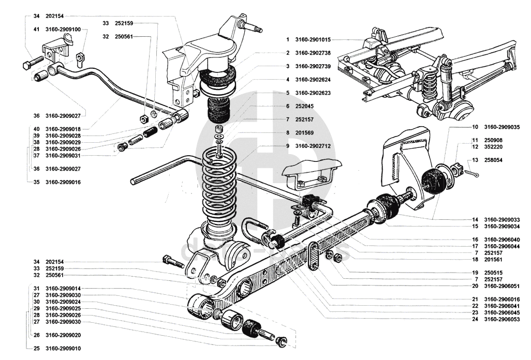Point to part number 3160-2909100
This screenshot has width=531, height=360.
click(63, 29)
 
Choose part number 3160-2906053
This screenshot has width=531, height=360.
click(502, 320)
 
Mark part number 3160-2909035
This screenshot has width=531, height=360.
click(502, 127)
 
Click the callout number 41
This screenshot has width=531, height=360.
click(36, 29)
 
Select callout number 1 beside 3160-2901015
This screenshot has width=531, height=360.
click(287, 39)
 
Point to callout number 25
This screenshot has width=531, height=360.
click(36, 349)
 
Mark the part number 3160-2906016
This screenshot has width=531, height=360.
click(502, 299)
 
